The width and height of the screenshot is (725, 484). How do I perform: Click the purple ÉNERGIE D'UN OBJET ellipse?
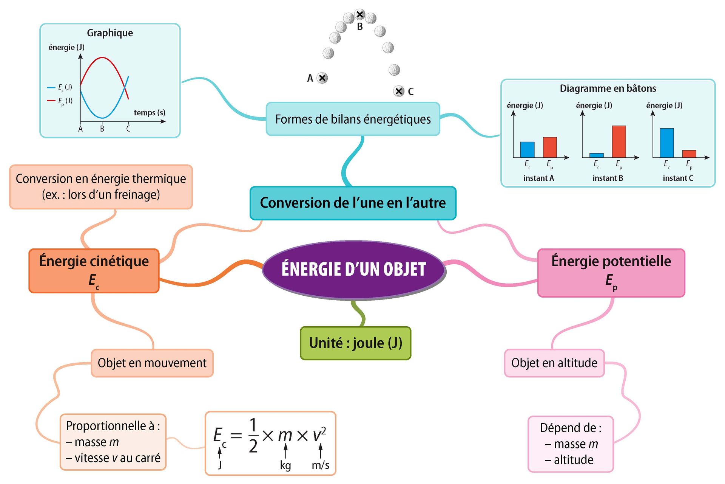point(354,269)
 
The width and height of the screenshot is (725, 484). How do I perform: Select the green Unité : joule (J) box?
point(355,343)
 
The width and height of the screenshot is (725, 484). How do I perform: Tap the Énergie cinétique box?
point(94,271)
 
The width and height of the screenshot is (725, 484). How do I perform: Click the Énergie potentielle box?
point(611,273)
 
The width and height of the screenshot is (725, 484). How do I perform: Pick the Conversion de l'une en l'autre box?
point(353,203)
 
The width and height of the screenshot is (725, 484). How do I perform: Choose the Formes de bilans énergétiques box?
point(353,119)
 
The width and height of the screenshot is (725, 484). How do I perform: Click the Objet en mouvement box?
point(152,363)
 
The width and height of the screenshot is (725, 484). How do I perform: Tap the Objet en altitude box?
point(554,363)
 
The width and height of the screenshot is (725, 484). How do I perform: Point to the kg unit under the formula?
point(285,465)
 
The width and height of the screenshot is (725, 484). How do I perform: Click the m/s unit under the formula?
point(320,465)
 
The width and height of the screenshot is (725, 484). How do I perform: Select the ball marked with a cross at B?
point(360,15)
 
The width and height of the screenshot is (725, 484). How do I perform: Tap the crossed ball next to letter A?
point(322,78)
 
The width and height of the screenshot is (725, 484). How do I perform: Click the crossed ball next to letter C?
point(399,91)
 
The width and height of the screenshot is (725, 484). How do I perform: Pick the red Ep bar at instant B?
point(619,141)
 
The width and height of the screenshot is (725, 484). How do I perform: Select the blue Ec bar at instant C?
point(666,143)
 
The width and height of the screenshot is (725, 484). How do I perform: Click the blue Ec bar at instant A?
point(527,149)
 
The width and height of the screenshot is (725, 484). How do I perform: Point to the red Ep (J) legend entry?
point(60,101)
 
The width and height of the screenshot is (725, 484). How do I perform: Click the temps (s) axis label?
point(150,113)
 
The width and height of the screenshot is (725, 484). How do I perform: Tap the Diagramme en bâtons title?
point(608,88)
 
